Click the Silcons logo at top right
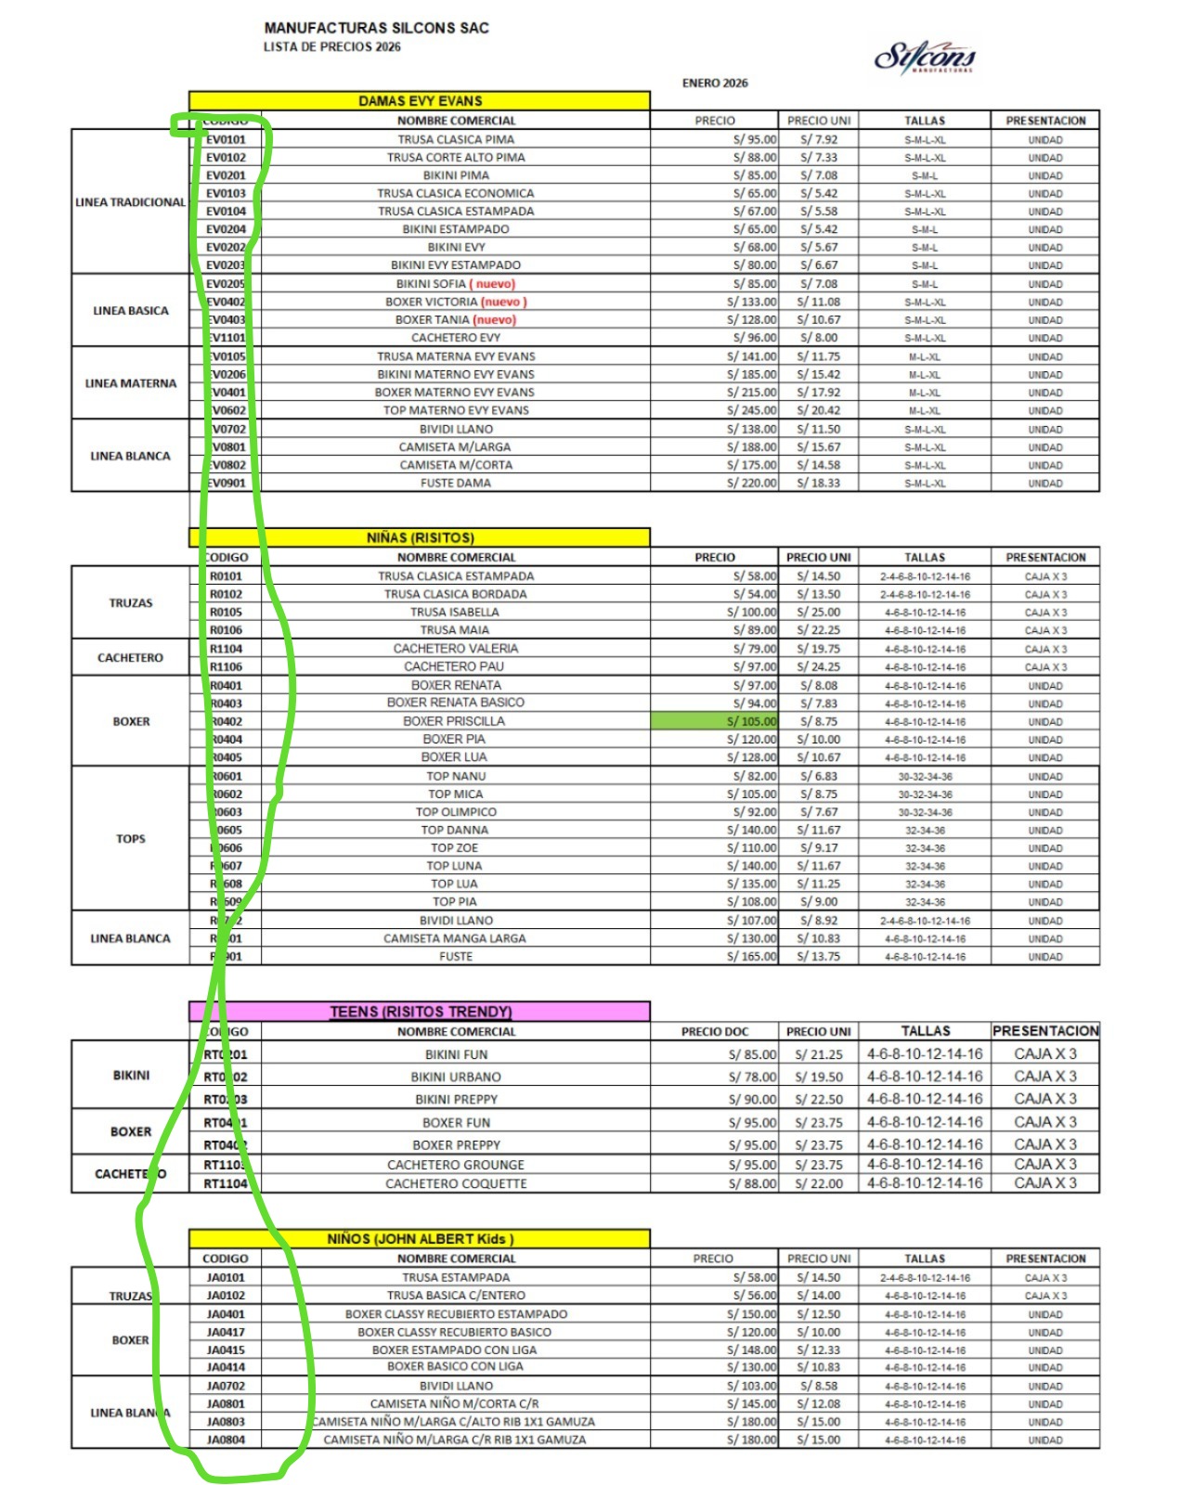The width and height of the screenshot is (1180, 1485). [x=925, y=58]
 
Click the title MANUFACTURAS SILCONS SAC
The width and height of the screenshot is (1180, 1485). [x=376, y=28]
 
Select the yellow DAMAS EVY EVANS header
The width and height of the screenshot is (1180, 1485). [x=420, y=101]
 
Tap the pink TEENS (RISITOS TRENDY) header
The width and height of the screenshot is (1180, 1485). [x=420, y=1012]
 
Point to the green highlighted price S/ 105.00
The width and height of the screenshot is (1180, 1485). [x=714, y=721]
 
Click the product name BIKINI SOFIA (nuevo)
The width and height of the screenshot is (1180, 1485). [x=455, y=284]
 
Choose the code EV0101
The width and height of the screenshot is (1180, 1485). [x=227, y=139]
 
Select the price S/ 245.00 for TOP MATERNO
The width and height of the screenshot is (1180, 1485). [x=751, y=410]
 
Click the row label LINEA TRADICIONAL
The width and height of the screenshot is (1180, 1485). [x=130, y=202]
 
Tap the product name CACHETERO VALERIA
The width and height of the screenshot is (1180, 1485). [x=455, y=649]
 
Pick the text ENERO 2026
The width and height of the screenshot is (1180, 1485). [x=715, y=84]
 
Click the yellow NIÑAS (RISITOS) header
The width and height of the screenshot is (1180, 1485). [x=420, y=537]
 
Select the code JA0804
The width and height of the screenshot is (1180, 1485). [x=226, y=1440]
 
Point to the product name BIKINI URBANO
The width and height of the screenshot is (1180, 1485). [x=455, y=1078]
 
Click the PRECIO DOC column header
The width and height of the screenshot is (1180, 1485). [x=714, y=1031]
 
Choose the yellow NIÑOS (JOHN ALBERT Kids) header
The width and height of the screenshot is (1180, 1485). [x=420, y=1239]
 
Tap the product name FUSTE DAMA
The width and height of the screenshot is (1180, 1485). [x=455, y=483]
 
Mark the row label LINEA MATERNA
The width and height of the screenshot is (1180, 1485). [x=130, y=383]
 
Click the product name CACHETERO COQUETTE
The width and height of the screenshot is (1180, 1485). [x=455, y=1183]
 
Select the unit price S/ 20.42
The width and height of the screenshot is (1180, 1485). [x=819, y=410]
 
